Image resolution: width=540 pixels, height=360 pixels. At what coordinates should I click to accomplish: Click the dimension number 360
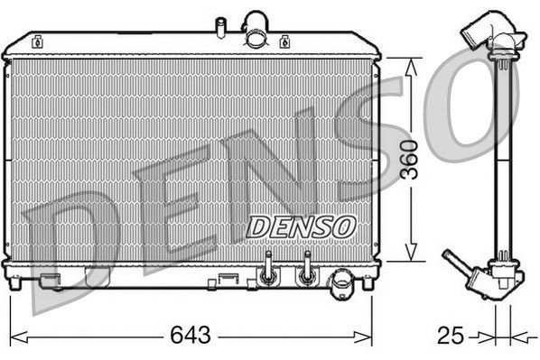point(412,159)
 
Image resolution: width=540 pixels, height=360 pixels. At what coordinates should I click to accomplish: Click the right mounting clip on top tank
point(284,41)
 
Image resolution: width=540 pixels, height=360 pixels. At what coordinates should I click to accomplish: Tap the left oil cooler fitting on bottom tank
point(266,271)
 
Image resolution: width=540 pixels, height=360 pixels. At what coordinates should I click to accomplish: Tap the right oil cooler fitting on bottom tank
point(307,271)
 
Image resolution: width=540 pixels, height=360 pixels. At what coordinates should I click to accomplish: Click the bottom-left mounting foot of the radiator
point(14,282)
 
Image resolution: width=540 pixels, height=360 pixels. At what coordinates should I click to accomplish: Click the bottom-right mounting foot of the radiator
point(367,282)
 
